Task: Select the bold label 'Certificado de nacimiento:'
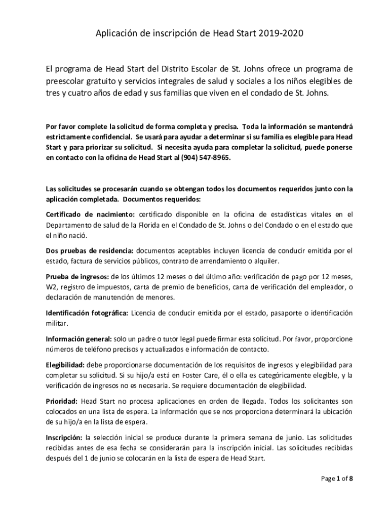tap(90, 213)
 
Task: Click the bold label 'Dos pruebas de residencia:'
tap(90, 250)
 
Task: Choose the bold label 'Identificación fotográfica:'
tap(87, 313)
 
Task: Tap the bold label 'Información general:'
tap(79, 339)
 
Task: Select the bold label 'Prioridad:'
tap(61, 401)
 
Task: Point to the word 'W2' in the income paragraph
tap(51, 287)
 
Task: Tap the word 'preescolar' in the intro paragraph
tap(65, 81)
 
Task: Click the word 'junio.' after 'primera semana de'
tap(292, 437)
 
